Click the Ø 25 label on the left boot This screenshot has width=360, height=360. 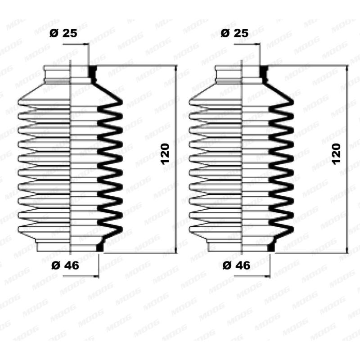[x=63, y=34]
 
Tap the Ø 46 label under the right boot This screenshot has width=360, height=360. [x=237, y=265]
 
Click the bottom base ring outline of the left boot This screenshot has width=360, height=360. [x=53, y=247]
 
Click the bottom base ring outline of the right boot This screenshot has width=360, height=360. [x=225, y=247]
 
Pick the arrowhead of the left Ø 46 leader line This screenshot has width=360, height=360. [x=95, y=275]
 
